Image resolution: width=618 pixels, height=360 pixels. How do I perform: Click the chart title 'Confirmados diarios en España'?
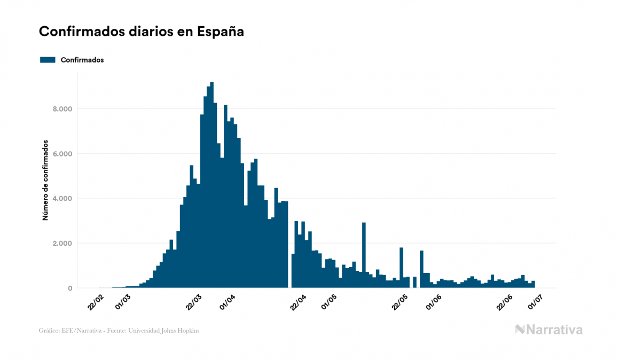(142, 32)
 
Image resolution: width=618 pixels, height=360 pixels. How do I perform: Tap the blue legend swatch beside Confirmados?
(48, 60)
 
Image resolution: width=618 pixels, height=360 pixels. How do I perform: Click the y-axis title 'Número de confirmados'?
(45, 181)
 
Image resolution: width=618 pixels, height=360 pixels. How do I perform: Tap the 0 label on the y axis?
(69, 288)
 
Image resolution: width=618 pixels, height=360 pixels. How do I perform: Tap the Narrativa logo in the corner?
(549, 330)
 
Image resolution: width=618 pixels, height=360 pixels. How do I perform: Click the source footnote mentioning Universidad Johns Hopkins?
(119, 331)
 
